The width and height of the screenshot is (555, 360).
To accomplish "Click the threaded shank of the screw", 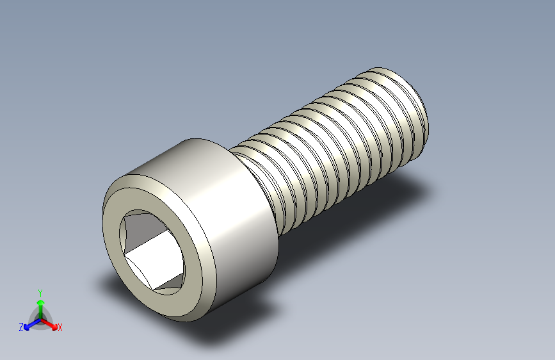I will [x=333, y=154].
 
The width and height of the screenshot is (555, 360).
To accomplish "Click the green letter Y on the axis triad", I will [x=40, y=292].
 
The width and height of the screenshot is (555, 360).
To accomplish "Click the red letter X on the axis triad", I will [x=60, y=328].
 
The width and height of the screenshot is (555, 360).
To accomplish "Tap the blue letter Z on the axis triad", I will [x=21, y=327].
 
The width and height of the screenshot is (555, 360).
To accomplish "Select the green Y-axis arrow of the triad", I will [x=40, y=304].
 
